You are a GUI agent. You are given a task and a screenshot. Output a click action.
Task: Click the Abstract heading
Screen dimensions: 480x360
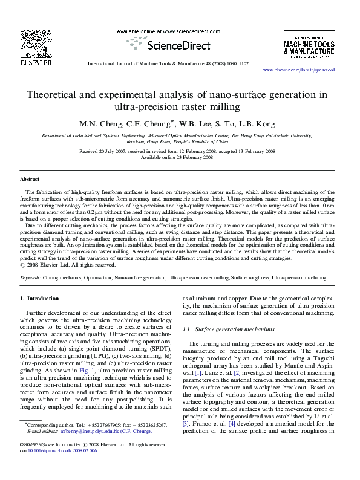click(x=30, y=180)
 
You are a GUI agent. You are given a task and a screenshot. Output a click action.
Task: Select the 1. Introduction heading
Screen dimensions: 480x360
click(x=40, y=299)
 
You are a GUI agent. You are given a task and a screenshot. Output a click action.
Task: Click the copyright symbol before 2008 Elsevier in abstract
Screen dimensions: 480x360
click(x=23, y=264)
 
